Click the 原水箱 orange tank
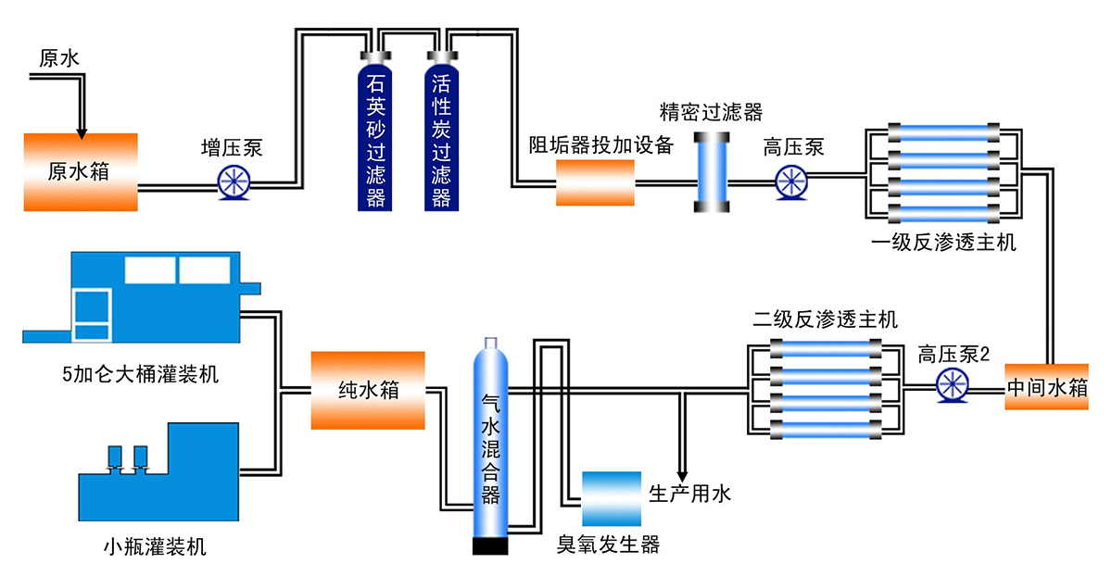(x=81, y=172)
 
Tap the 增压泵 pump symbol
(x=234, y=182)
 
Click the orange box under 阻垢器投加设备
(x=595, y=182)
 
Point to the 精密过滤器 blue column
(x=712, y=172)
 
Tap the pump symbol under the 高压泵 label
(x=791, y=182)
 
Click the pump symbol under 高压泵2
(x=953, y=385)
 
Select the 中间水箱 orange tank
(x=1046, y=387)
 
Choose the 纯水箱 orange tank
(x=368, y=391)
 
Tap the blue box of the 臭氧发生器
(x=612, y=498)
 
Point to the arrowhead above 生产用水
(x=683, y=476)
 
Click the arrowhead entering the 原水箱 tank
(x=82, y=134)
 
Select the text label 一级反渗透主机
(x=943, y=243)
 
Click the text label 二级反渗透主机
(x=825, y=319)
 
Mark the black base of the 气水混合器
(x=490, y=546)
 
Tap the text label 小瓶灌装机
(x=155, y=546)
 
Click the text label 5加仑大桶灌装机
(x=141, y=374)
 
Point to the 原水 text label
(x=59, y=58)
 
